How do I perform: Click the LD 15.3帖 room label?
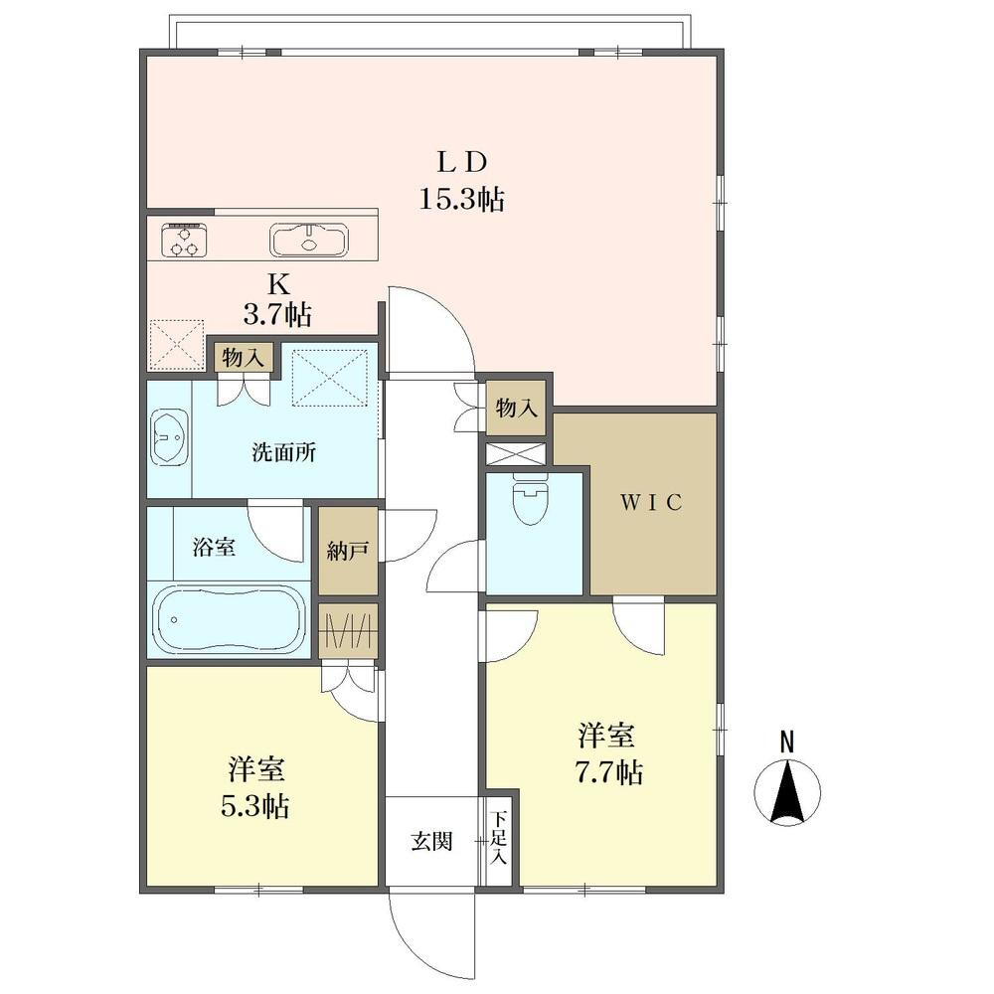pyautogui.click(x=461, y=181)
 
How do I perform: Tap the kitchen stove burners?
pyautogui.click(x=185, y=240)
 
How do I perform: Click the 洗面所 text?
pyautogui.click(x=283, y=452)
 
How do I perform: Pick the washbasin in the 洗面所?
pyautogui.click(x=170, y=437)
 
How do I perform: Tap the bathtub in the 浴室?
pyautogui.click(x=229, y=619)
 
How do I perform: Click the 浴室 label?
pyautogui.click(x=214, y=547)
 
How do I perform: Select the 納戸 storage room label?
pyautogui.click(x=348, y=552)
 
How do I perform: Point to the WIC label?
pyautogui.click(x=651, y=503)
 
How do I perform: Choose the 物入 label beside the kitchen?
pyautogui.click(x=243, y=358)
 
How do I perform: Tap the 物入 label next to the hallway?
pyautogui.click(x=517, y=409)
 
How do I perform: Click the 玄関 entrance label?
pyautogui.click(x=431, y=842)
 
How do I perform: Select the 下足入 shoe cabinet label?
pyautogui.click(x=501, y=838)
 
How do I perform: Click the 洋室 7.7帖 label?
pyautogui.click(x=607, y=753)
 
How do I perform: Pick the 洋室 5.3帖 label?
pyautogui.click(x=255, y=787)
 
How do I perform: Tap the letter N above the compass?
pyautogui.click(x=786, y=743)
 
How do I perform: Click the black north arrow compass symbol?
pyautogui.click(x=786, y=792)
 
